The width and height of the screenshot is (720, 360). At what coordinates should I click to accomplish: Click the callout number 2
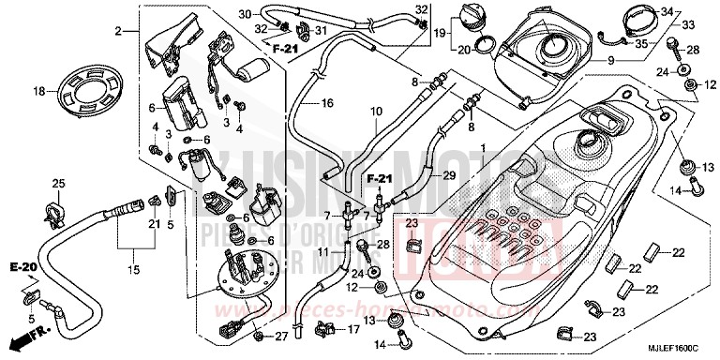point(119,33)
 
